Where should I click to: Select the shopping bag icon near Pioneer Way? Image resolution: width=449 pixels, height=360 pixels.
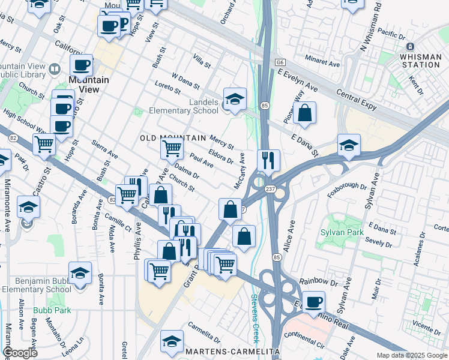tap(305, 113)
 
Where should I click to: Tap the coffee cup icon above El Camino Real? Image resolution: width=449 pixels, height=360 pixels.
tap(313, 302)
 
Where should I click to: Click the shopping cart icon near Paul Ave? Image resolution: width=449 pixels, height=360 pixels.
tap(172, 148)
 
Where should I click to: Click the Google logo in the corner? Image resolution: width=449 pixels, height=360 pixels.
tap(20, 353)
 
